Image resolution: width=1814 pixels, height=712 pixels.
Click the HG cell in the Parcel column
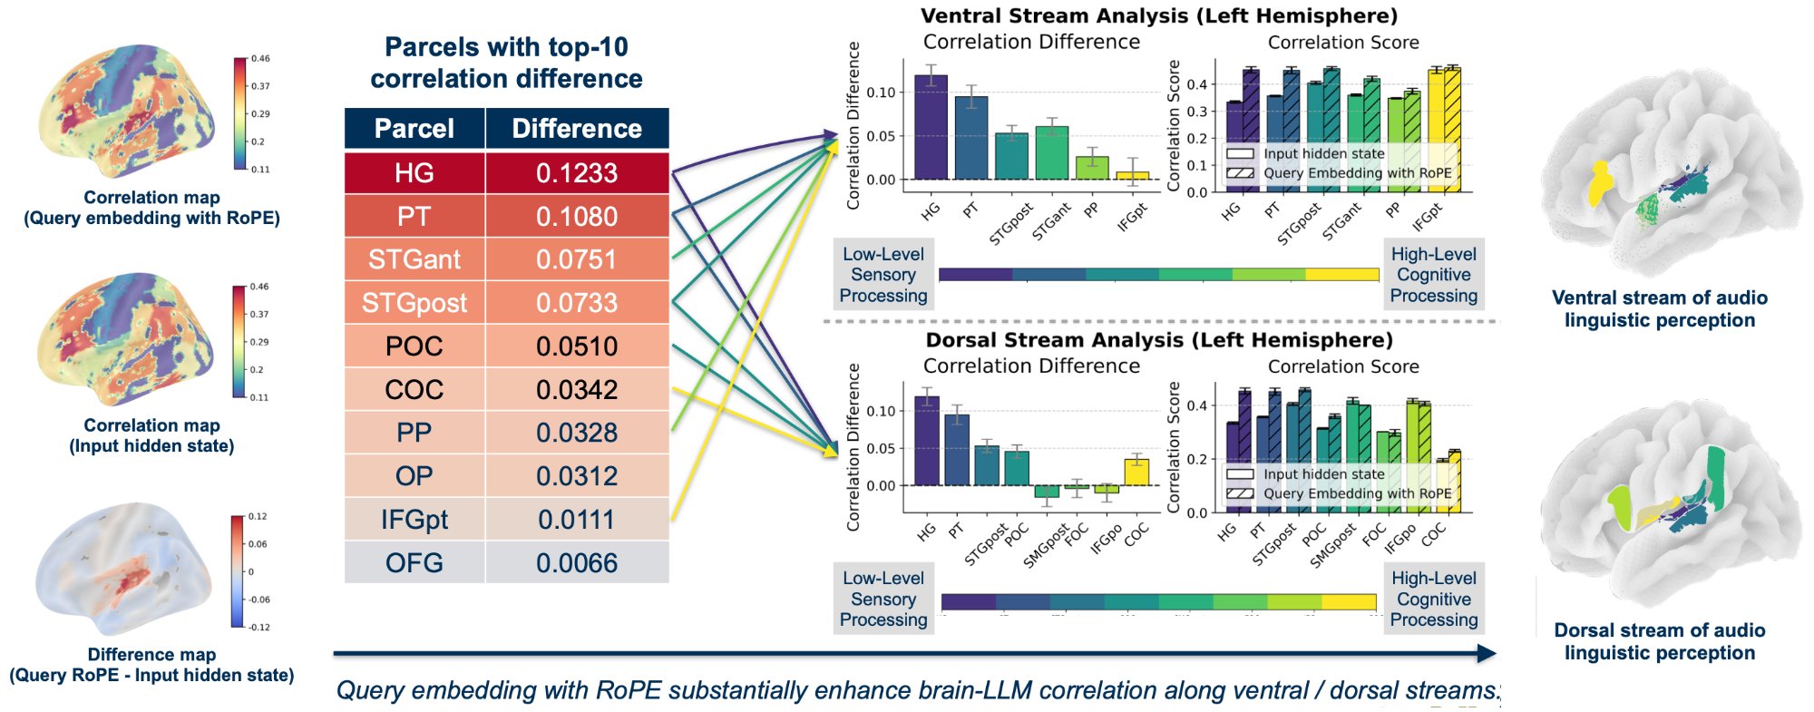pyautogui.click(x=414, y=173)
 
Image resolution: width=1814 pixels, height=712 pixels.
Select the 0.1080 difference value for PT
pyautogui.click(x=577, y=217)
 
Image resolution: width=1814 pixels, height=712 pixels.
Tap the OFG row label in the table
pyautogui.click(x=414, y=563)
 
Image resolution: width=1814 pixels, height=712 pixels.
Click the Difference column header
pyautogui.click(x=577, y=129)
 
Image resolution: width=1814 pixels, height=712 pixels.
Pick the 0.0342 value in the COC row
pyautogui.click(x=577, y=390)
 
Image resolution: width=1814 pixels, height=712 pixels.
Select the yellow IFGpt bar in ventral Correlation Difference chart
pyautogui.click(x=1132, y=175)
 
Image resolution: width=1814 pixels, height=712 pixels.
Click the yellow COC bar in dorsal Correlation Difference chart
pyautogui.click(x=1136, y=473)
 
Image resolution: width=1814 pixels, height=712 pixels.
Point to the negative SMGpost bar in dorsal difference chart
pyautogui.click(x=1047, y=491)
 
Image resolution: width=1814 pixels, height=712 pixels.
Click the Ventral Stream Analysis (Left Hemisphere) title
pyautogui.click(x=1159, y=15)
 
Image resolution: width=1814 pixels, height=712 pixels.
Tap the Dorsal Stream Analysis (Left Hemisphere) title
pyautogui.click(x=1159, y=340)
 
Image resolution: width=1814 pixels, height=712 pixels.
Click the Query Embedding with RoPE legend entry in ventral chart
pyautogui.click(x=1357, y=173)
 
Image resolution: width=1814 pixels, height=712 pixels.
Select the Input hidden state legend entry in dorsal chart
pyautogui.click(x=1323, y=473)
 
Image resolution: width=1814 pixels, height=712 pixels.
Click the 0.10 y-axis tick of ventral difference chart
pyautogui.click(x=880, y=93)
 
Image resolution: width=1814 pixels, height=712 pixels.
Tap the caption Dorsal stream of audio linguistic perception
pyautogui.click(x=1659, y=641)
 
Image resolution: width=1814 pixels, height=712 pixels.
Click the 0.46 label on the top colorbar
pyautogui.click(x=260, y=58)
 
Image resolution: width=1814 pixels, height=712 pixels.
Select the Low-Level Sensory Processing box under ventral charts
pyautogui.click(x=883, y=275)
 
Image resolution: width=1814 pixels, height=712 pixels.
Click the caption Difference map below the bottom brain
pyautogui.click(x=151, y=654)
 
